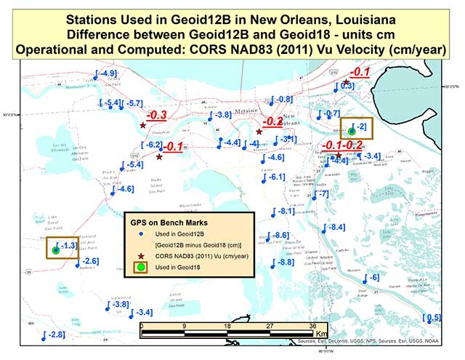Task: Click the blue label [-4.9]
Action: [x=106, y=73]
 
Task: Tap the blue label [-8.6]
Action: [x=280, y=236]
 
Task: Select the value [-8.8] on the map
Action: [x=283, y=262]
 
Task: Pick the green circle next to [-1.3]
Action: [x=56, y=250]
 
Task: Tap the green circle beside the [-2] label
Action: [x=352, y=132]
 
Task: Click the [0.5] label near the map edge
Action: [x=432, y=318]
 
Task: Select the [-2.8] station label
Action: [x=54, y=334]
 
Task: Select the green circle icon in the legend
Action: [x=141, y=268]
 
